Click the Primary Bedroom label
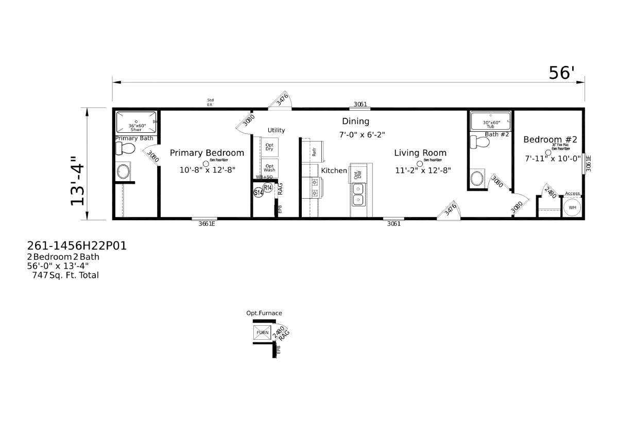[x=207, y=153]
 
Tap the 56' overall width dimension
[x=561, y=73]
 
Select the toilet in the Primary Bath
[x=125, y=149]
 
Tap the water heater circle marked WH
[x=572, y=208]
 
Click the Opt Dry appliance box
[x=269, y=146]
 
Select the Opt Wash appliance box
[x=269, y=168]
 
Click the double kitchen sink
[x=359, y=194]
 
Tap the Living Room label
[x=420, y=153]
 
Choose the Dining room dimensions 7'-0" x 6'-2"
[x=362, y=134]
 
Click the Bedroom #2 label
[x=550, y=139]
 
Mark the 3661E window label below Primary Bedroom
[x=207, y=223]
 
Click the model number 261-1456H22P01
[x=76, y=246]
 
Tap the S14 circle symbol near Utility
[x=259, y=192]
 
